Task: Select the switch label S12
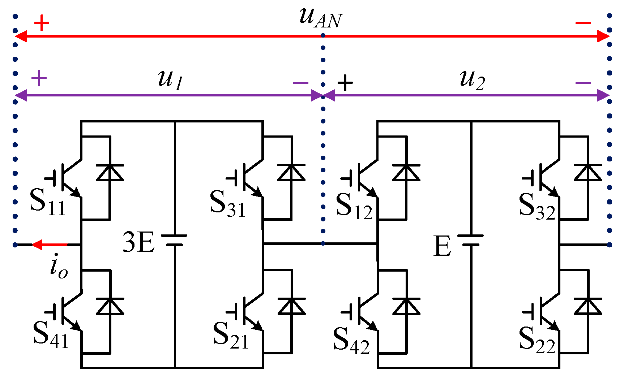[x=354, y=206]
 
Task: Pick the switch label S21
[x=231, y=336]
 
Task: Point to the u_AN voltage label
[x=320, y=18]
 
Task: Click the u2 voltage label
[x=472, y=79]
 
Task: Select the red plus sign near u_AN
[x=42, y=23]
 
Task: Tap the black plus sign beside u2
[x=345, y=83]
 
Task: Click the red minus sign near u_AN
[x=583, y=23]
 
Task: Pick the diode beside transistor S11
[x=110, y=173]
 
